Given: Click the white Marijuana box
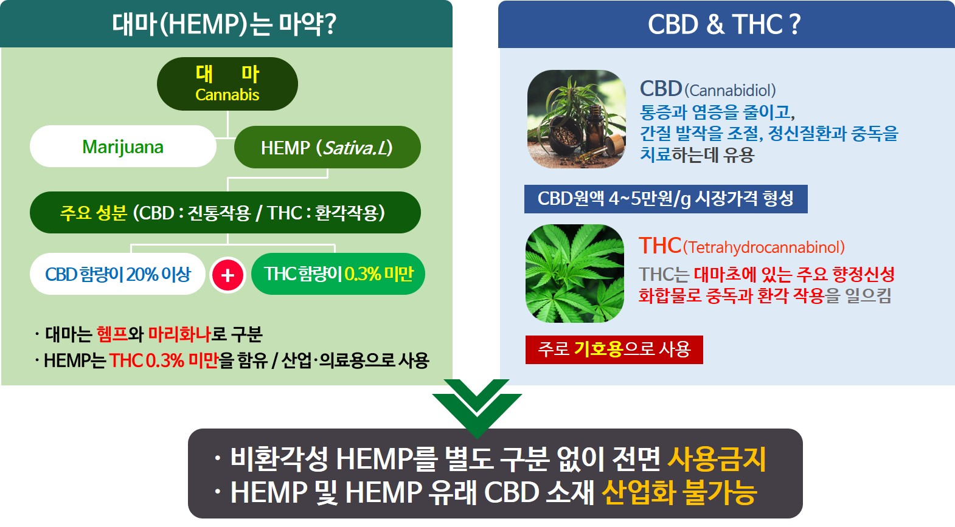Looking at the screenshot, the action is click(x=123, y=146).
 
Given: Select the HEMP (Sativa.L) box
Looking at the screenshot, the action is click(x=327, y=147).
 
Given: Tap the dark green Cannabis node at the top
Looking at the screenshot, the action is click(x=227, y=84).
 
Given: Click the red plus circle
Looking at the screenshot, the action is click(x=227, y=275).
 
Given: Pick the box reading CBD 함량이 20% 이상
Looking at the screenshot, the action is click(x=117, y=274).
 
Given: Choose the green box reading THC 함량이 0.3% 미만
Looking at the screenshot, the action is click(x=338, y=274).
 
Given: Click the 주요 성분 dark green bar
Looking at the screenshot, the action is click(x=225, y=212).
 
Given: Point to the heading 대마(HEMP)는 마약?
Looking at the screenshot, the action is click(x=224, y=24).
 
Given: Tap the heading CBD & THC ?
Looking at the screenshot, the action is click(x=724, y=24).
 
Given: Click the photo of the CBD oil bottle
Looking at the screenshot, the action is click(x=577, y=119).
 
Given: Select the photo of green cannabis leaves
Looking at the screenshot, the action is click(x=575, y=274).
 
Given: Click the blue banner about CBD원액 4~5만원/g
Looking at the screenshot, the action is click(x=665, y=199).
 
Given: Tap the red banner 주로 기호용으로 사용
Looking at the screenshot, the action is click(x=614, y=350).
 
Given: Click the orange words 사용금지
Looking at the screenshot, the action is click(x=717, y=460).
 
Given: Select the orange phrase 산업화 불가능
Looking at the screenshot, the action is click(x=679, y=492).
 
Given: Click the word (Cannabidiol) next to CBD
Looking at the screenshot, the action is click(x=730, y=91).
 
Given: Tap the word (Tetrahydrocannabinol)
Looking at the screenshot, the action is click(x=763, y=247).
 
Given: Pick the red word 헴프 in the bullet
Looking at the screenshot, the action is click(x=112, y=334).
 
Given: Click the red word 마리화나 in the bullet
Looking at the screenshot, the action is click(x=179, y=334).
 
